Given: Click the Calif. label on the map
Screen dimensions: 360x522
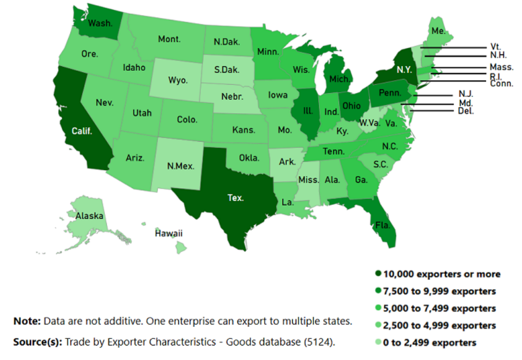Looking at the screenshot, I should click(81, 131).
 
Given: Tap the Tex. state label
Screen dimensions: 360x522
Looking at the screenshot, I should click(235, 197).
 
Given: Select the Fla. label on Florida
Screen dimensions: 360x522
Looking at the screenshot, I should click(381, 224).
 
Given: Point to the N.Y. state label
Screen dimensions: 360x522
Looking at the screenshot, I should click(405, 69).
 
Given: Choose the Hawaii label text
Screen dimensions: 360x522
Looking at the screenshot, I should click(168, 233).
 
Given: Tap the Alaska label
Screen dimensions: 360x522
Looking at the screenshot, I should click(89, 216).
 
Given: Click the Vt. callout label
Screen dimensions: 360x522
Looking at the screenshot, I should click(495, 46).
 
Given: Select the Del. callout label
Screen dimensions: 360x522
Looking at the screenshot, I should click(466, 111).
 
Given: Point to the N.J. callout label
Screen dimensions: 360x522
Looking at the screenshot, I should click(466, 93).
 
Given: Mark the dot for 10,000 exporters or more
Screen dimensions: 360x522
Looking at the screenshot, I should click(378, 274).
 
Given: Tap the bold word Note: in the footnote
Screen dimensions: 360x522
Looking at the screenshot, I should click(27, 321).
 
